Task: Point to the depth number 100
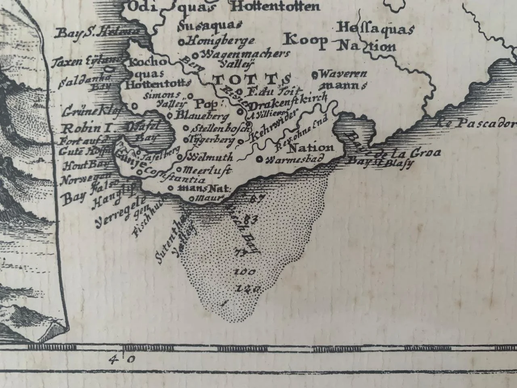244,272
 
